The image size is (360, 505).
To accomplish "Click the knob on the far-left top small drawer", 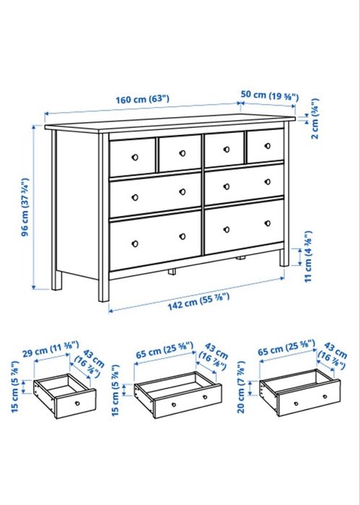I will click(x=134, y=156).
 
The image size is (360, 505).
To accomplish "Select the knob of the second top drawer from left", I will click(x=181, y=153).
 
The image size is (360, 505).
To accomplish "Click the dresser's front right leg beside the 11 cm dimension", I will click(x=279, y=259).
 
